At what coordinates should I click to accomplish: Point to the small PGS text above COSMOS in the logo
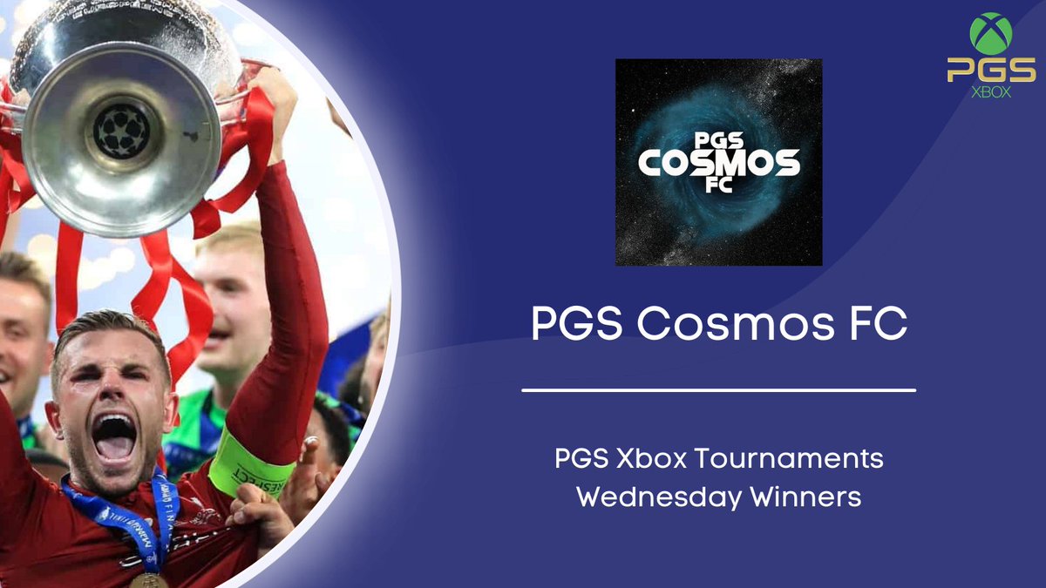pos(718,139)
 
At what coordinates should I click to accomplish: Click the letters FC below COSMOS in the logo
pos(718,185)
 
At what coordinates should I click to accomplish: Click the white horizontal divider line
pos(718,390)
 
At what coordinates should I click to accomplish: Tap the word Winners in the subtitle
pos(811,497)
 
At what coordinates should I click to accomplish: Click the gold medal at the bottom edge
pos(148,580)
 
